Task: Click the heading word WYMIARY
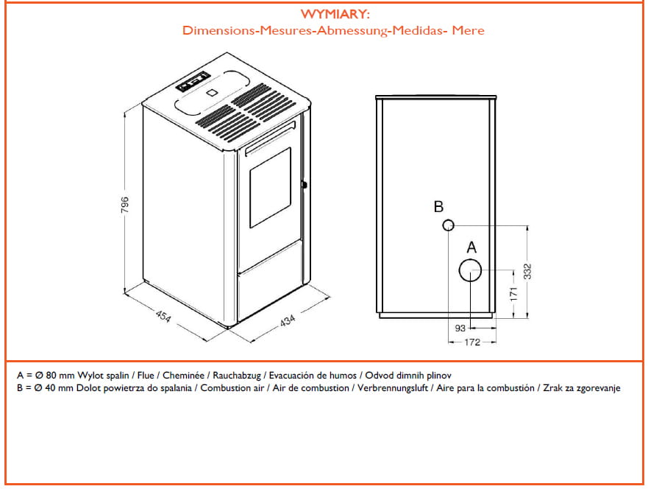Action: pyautogui.click(x=334, y=15)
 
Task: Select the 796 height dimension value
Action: pyautogui.click(x=125, y=203)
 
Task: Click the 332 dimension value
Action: pyautogui.click(x=538, y=272)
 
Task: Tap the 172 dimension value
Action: pyautogui.click(x=472, y=342)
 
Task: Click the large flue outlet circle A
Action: pyautogui.click(x=470, y=271)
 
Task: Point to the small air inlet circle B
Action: pyautogui.click(x=448, y=225)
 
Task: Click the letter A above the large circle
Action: pyautogui.click(x=471, y=246)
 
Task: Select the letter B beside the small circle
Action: pyautogui.click(x=438, y=206)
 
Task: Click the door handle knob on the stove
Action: pyautogui.click(x=304, y=184)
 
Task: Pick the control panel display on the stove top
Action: pyautogui.click(x=193, y=84)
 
